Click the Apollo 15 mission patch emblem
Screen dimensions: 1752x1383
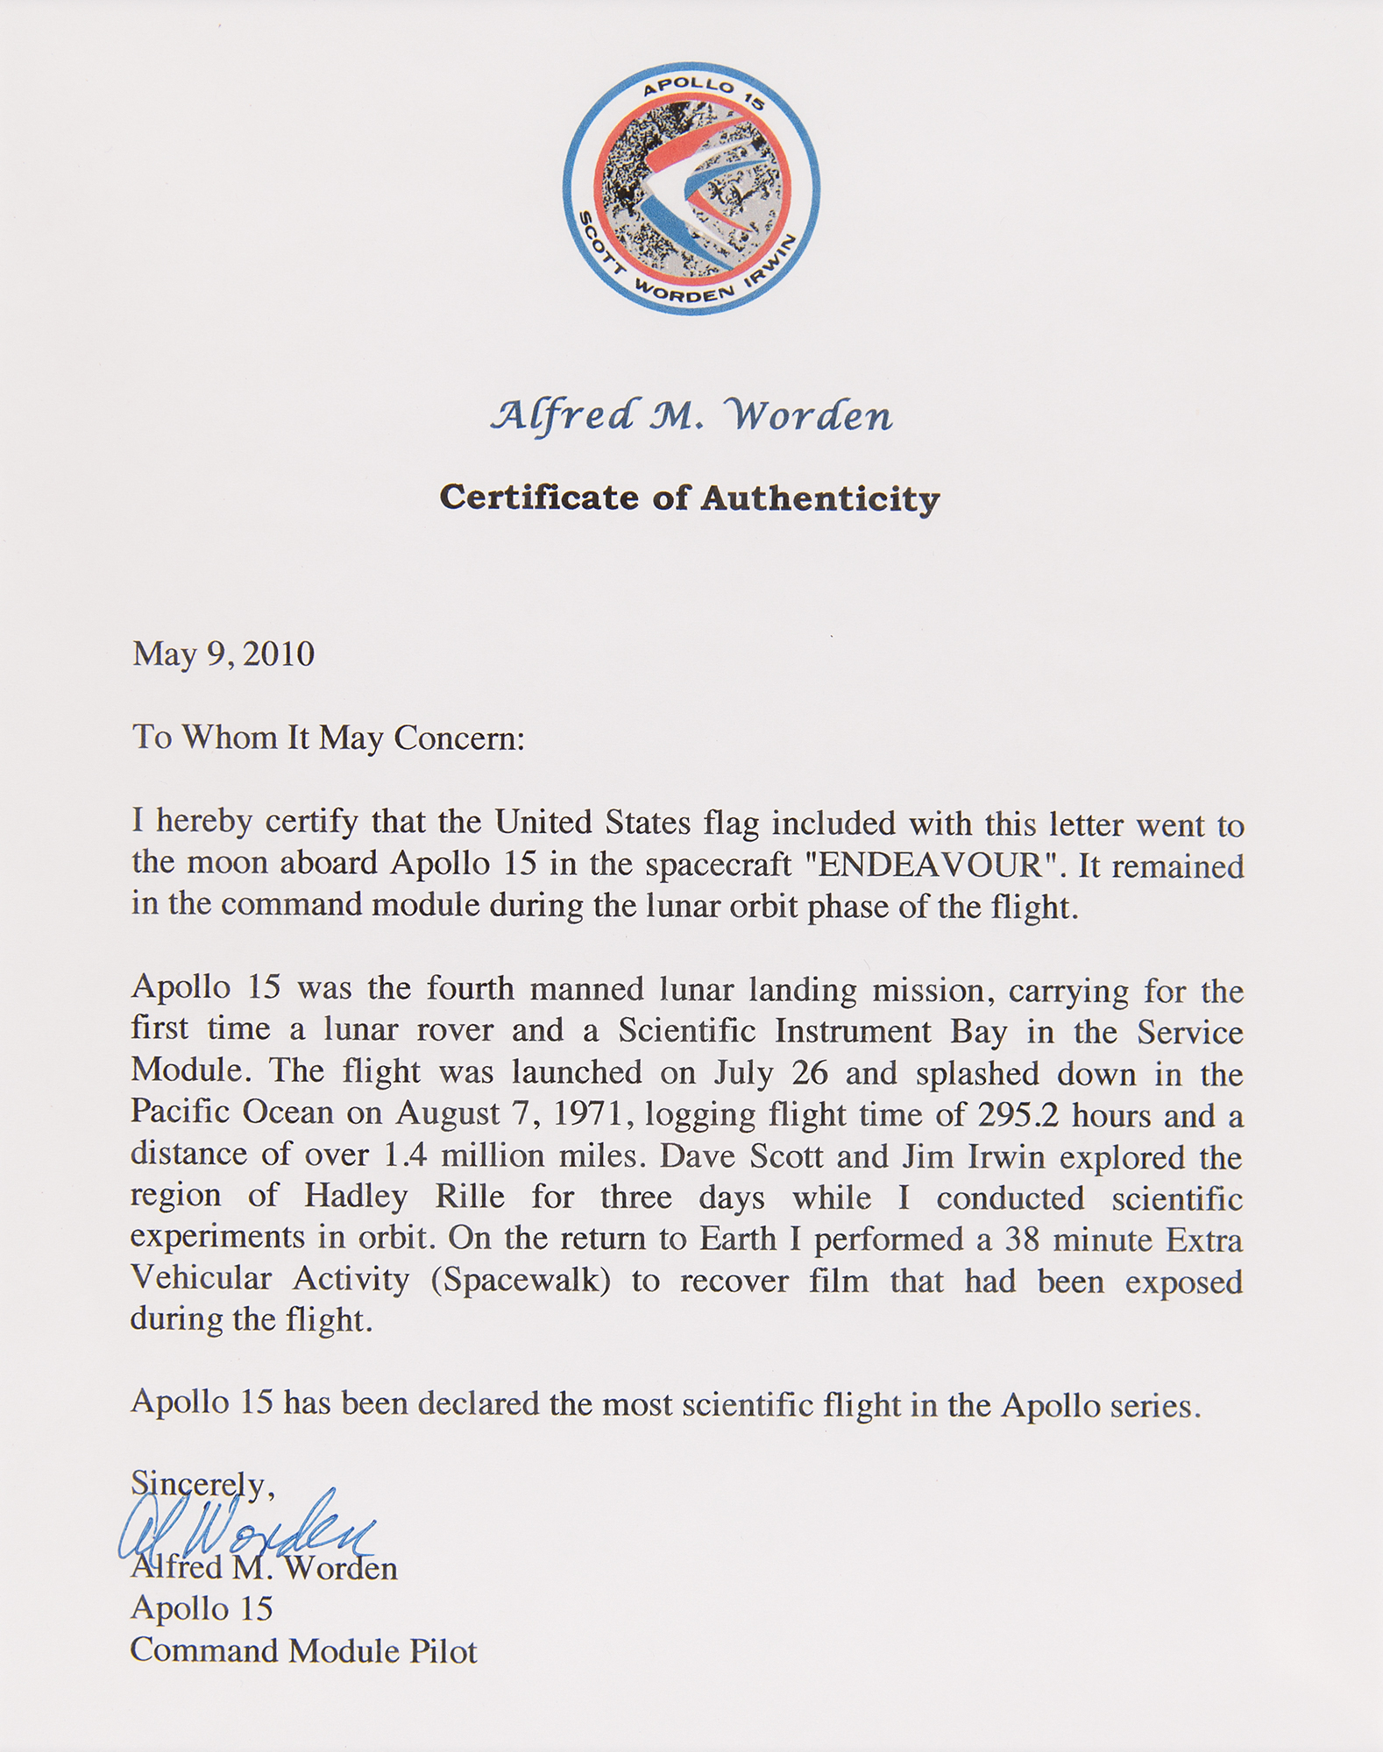691,188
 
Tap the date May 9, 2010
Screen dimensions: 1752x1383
223,653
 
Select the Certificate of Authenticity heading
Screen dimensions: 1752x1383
690,498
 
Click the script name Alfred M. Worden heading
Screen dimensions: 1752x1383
691,415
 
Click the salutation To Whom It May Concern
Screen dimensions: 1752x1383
329,737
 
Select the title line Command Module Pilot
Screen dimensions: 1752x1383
303,1650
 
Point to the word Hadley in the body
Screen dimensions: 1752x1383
357,1196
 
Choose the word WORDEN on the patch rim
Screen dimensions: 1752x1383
682,292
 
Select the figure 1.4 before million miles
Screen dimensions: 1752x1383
406,1155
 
